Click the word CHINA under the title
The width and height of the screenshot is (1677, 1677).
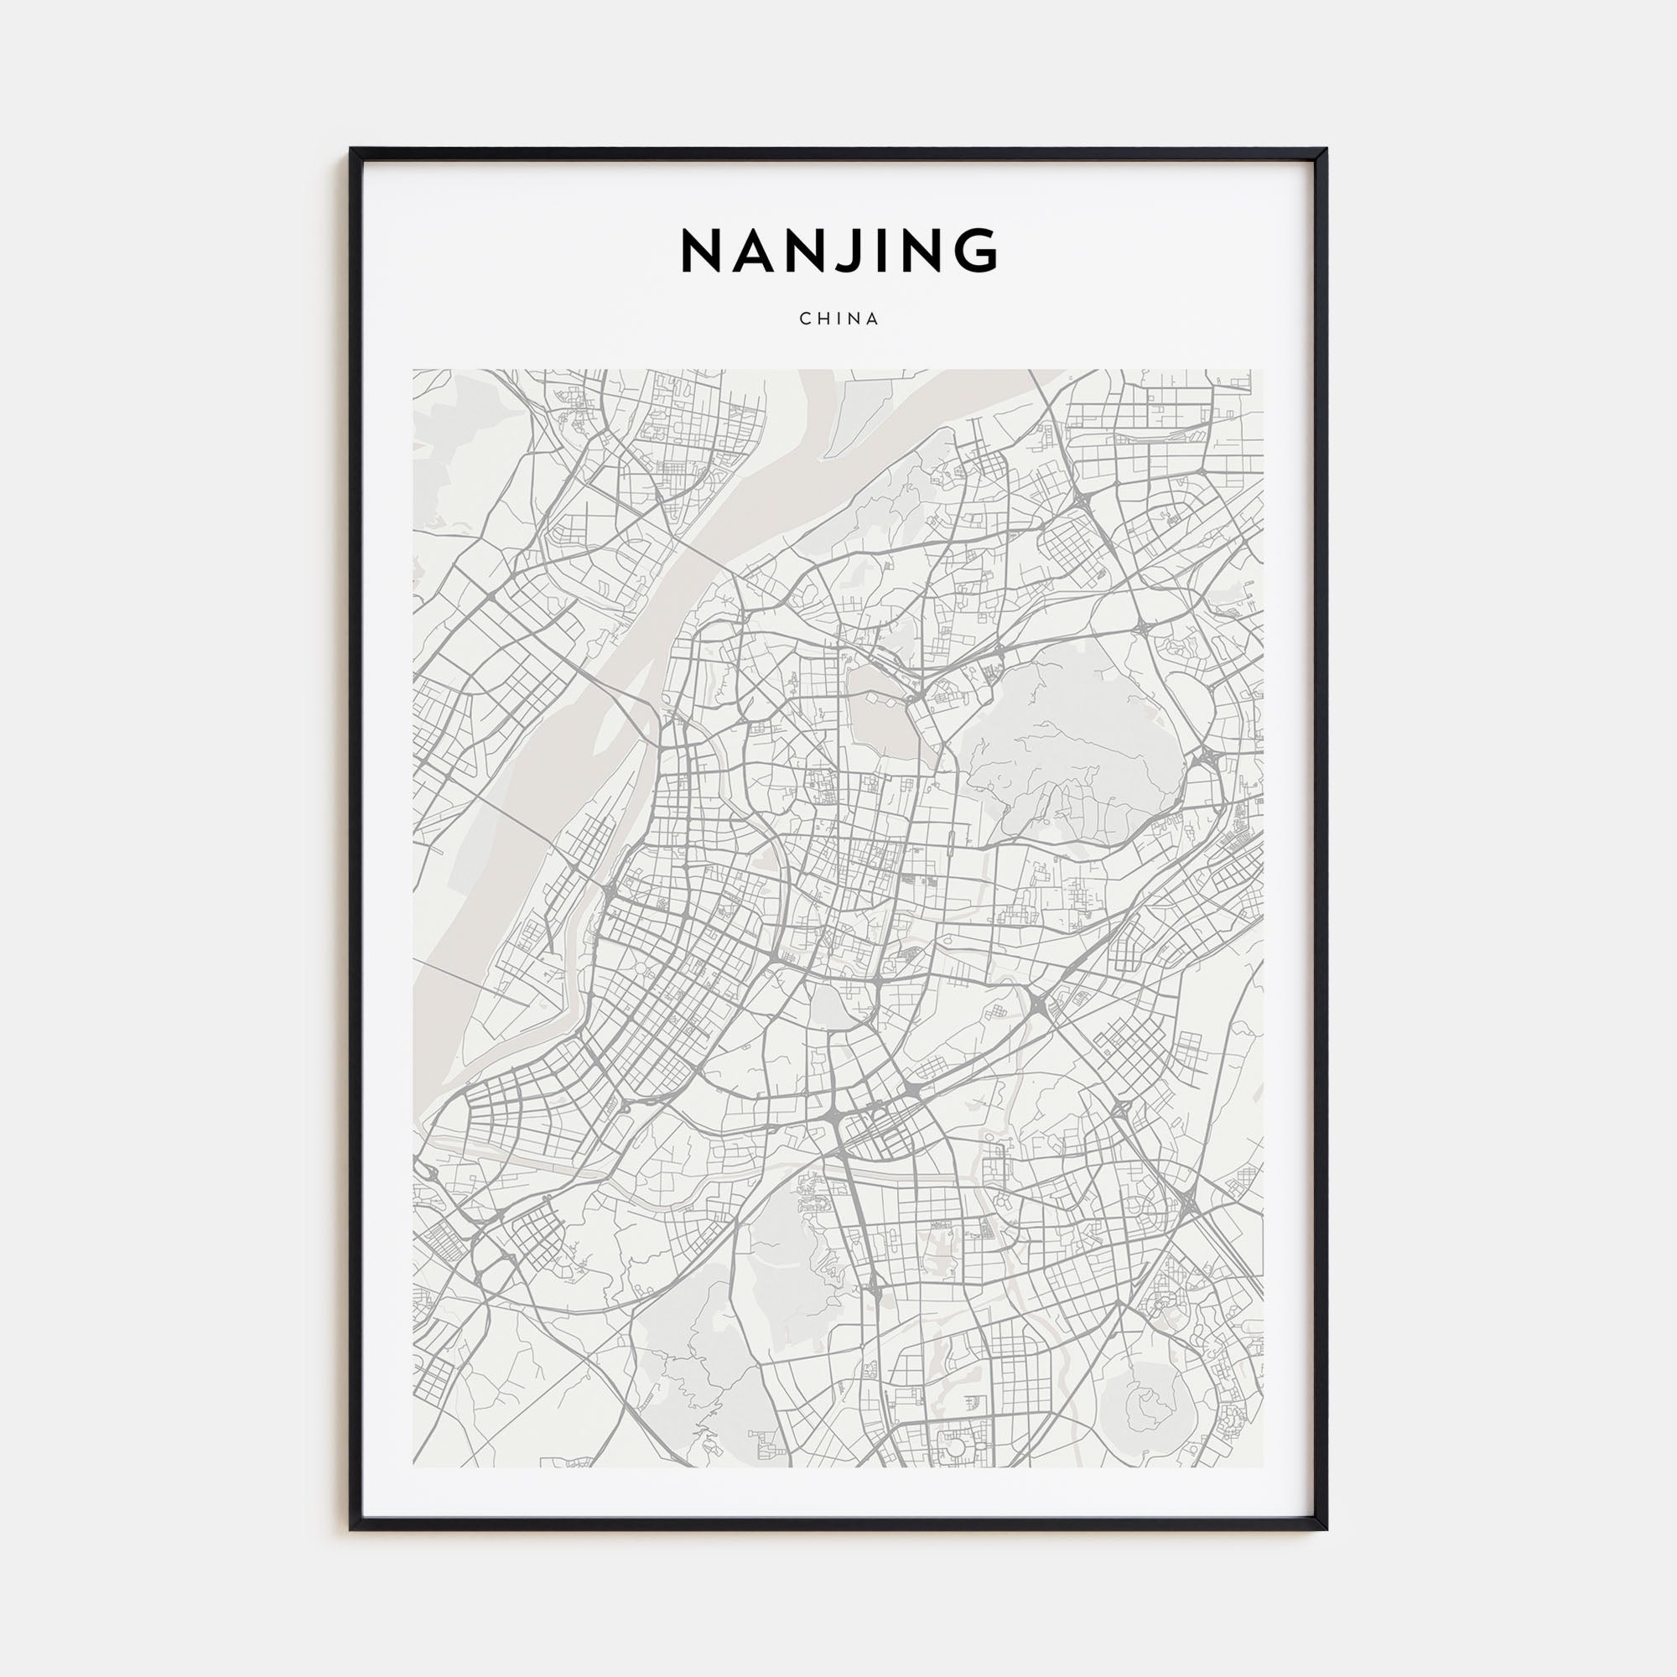point(838,319)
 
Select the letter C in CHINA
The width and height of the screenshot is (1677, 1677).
point(805,319)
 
